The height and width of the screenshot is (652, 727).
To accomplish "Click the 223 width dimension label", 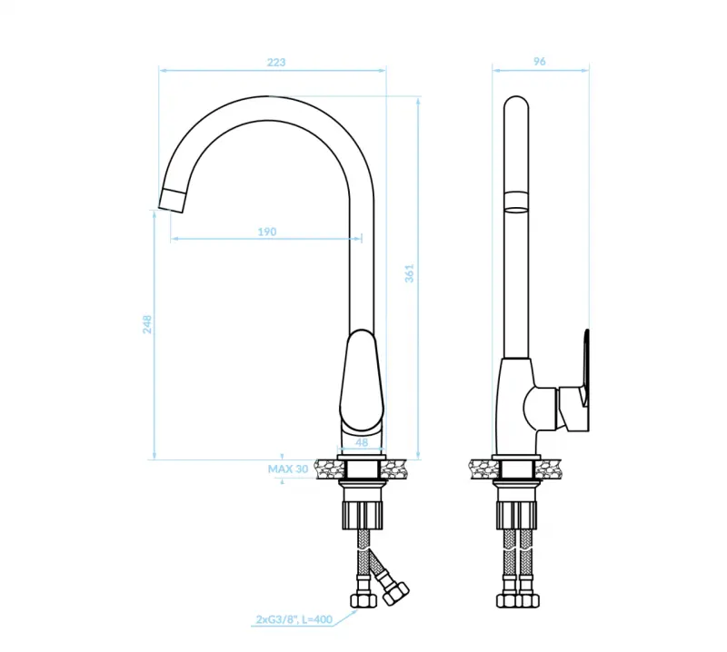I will [276, 63].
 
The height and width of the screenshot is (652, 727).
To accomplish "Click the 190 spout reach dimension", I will [265, 232].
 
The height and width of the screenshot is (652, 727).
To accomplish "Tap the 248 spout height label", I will [146, 324].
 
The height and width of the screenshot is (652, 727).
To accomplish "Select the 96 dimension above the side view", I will [539, 63].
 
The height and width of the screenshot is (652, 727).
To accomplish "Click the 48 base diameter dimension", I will [362, 443].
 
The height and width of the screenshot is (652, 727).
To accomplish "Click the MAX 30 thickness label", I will [288, 469].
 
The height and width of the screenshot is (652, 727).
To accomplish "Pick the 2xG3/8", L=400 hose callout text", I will [295, 620].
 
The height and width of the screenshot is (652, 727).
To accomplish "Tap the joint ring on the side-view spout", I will [515, 201].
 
